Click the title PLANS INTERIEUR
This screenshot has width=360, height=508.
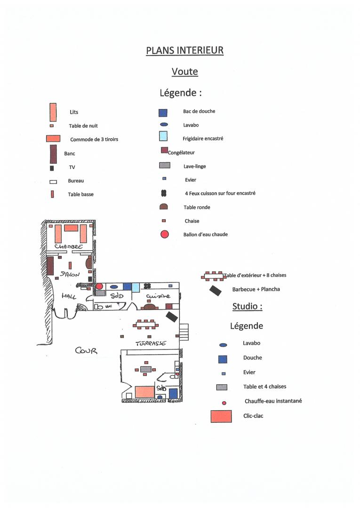tap(184, 50)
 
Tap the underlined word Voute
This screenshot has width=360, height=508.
tap(184, 71)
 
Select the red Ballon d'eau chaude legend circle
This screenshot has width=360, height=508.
tap(165, 234)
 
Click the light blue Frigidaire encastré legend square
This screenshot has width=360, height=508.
tap(163, 136)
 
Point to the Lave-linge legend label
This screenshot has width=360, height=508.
tap(194, 166)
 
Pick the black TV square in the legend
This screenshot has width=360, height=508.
tap(51, 168)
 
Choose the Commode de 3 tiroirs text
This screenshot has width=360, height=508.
tap(94, 139)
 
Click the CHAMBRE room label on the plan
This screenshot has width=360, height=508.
tap(69, 246)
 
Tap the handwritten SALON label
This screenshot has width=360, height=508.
tap(70, 274)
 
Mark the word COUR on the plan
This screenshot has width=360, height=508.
tap(86, 350)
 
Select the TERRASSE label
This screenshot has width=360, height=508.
tap(151, 343)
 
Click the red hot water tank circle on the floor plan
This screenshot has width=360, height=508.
tap(99, 286)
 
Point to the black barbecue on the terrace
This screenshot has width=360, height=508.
tap(172, 317)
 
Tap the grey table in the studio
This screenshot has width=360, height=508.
tap(146, 369)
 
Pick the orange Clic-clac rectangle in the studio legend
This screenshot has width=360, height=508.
tap(221, 416)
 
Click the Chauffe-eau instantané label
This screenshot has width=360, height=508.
tap(273, 401)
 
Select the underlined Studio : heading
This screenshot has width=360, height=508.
tap(247, 306)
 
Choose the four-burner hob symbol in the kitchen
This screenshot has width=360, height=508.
tap(147, 286)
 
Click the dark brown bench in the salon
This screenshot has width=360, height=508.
tap(50, 266)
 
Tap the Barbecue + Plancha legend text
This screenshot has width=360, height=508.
tap(256, 289)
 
